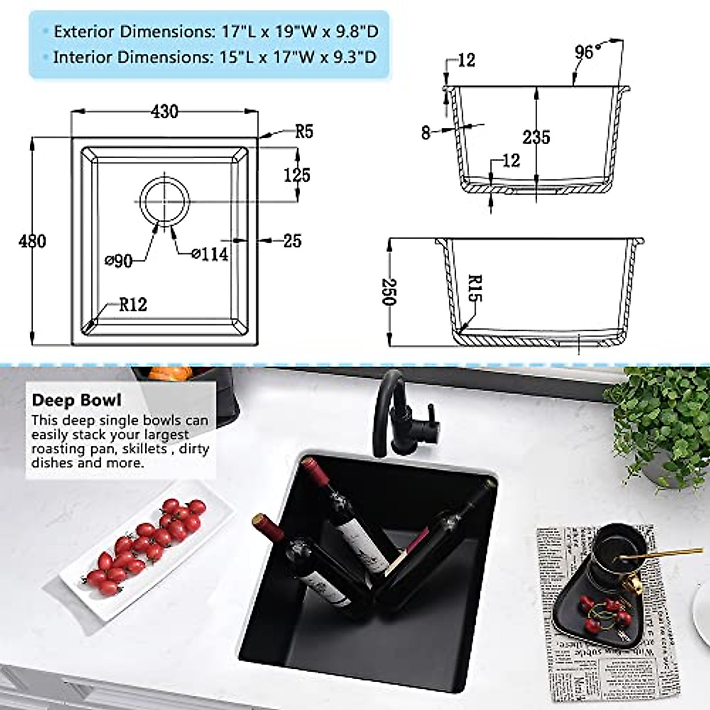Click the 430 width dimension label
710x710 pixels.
[164, 111]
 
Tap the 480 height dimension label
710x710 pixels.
[32, 241]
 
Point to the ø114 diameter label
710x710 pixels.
[209, 254]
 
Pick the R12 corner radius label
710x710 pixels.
[133, 305]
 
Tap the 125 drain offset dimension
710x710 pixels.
[296, 175]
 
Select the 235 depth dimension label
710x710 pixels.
[536, 137]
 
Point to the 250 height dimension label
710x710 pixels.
[388, 292]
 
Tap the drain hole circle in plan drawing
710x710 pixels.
[165, 201]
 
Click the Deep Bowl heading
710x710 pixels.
[76, 401]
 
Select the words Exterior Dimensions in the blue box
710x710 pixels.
[130, 31]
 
